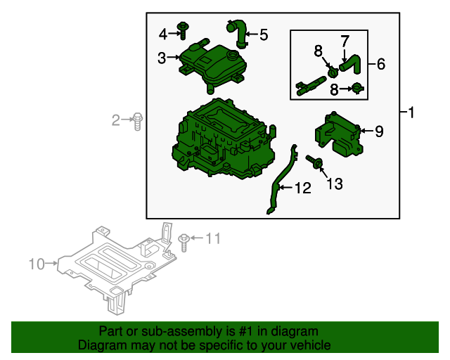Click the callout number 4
(x=163, y=34)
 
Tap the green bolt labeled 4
(x=183, y=31)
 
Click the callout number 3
(x=162, y=58)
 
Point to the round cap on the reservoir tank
(x=233, y=55)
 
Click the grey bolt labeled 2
(x=138, y=121)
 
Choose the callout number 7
(x=345, y=41)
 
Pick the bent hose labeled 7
(x=352, y=64)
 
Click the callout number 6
(x=381, y=64)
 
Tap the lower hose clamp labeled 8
(x=358, y=88)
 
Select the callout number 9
(x=379, y=131)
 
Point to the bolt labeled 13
(x=314, y=162)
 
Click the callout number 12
(x=303, y=188)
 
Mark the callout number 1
(x=411, y=112)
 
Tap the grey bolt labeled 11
(x=184, y=243)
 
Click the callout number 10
(x=37, y=264)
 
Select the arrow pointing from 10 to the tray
(x=51, y=263)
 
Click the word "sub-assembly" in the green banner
(x=182, y=332)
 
